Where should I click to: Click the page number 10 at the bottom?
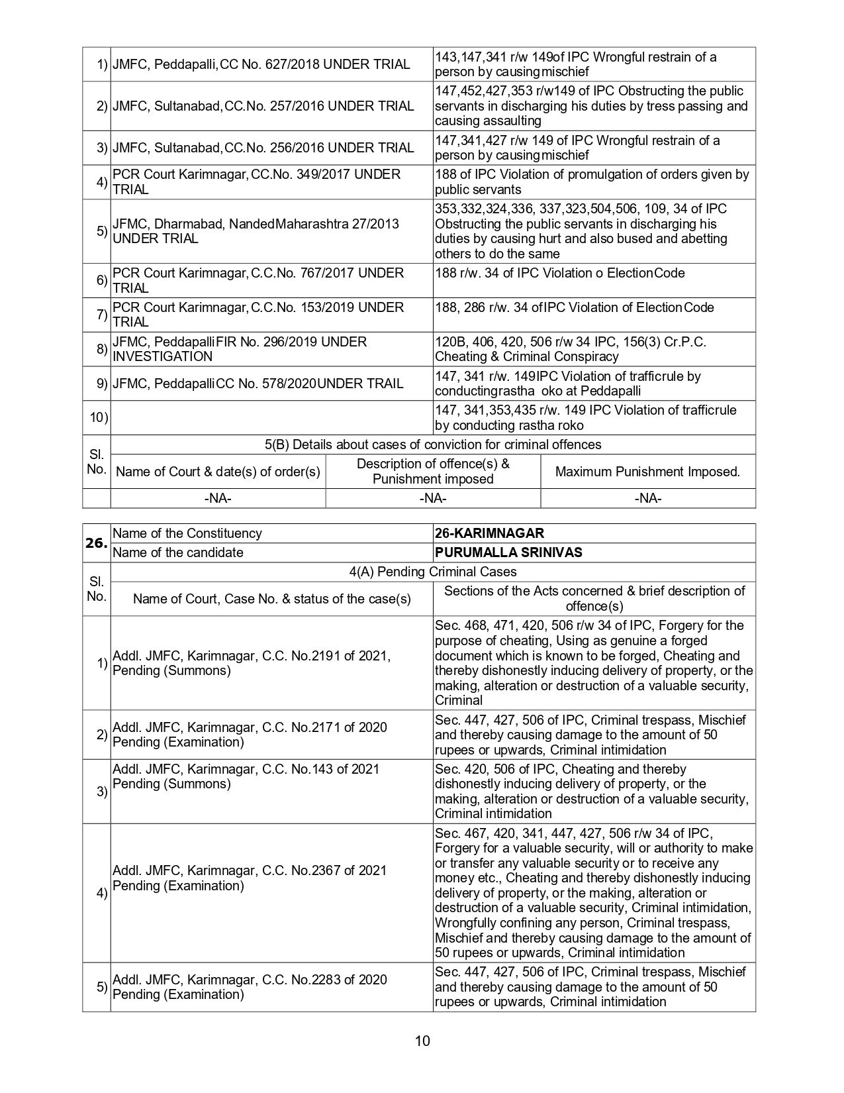[422, 1041]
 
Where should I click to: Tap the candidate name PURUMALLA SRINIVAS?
[508, 552]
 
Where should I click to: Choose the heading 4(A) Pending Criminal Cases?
[433, 572]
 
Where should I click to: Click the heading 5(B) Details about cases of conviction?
[433, 444]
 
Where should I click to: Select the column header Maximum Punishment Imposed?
[647, 472]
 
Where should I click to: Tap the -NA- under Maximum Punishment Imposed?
[647, 498]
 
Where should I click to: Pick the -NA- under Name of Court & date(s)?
[218, 498]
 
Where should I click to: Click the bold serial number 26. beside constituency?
[96, 543]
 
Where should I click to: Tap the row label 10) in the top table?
[99, 417]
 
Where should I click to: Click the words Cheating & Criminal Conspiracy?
[526, 356]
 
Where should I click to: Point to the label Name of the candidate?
[178, 552]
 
